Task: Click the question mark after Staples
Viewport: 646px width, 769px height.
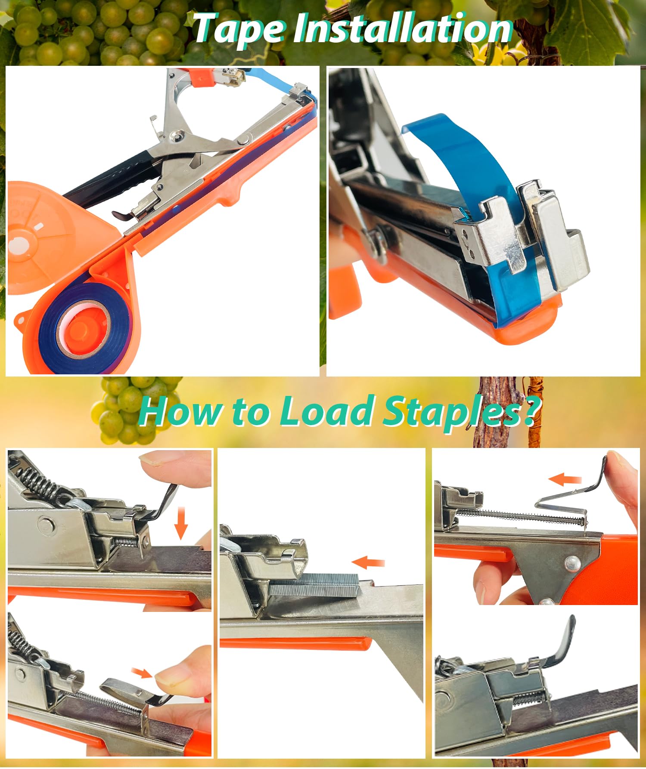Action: point(532,411)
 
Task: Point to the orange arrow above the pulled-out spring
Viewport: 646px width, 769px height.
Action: point(565,479)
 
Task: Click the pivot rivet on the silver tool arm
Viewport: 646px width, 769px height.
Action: point(175,137)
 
